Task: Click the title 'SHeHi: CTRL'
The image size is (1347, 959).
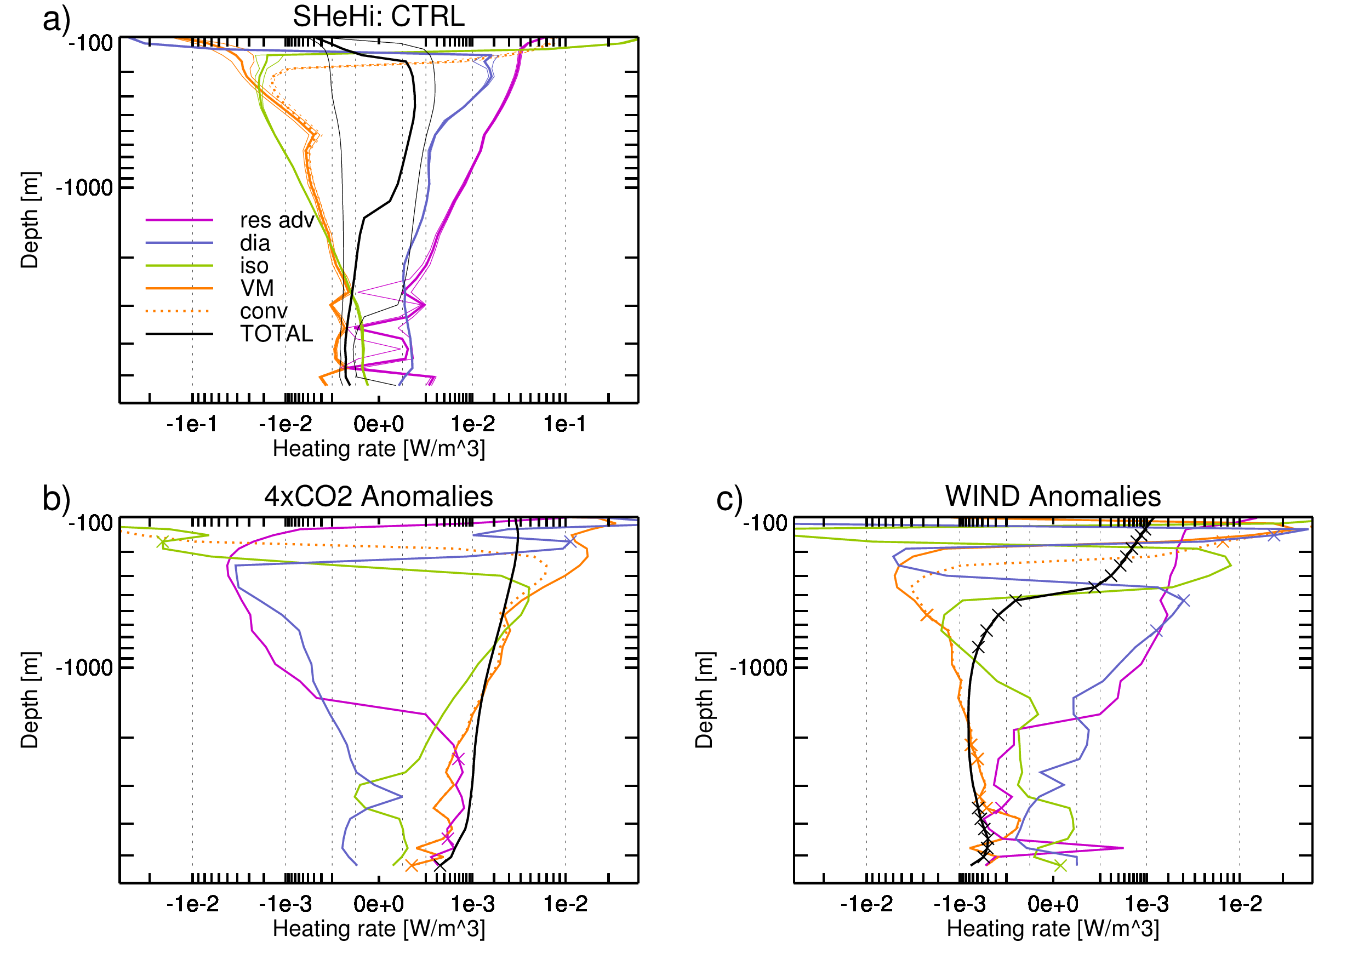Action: click(379, 16)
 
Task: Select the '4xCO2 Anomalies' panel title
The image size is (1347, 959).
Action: click(379, 496)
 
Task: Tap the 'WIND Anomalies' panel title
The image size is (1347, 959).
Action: click(1053, 496)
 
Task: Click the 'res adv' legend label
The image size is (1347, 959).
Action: click(277, 220)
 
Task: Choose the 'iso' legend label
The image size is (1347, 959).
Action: click(254, 266)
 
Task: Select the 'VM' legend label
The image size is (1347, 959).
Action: click(257, 288)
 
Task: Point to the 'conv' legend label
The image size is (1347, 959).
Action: click(264, 311)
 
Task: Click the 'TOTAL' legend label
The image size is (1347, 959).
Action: click(276, 334)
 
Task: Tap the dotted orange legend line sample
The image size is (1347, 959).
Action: click(180, 311)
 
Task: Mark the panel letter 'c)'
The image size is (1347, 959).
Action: click(730, 499)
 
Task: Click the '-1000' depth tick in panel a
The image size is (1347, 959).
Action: click(84, 187)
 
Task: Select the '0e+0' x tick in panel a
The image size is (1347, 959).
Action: click(379, 424)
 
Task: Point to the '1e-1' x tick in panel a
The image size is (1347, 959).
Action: click(565, 424)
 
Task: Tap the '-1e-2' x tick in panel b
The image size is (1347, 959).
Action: click(192, 904)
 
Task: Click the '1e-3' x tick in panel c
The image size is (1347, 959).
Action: click(1146, 904)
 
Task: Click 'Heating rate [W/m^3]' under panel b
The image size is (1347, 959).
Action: click(379, 929)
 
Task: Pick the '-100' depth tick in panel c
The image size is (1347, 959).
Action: click(766, 523)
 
